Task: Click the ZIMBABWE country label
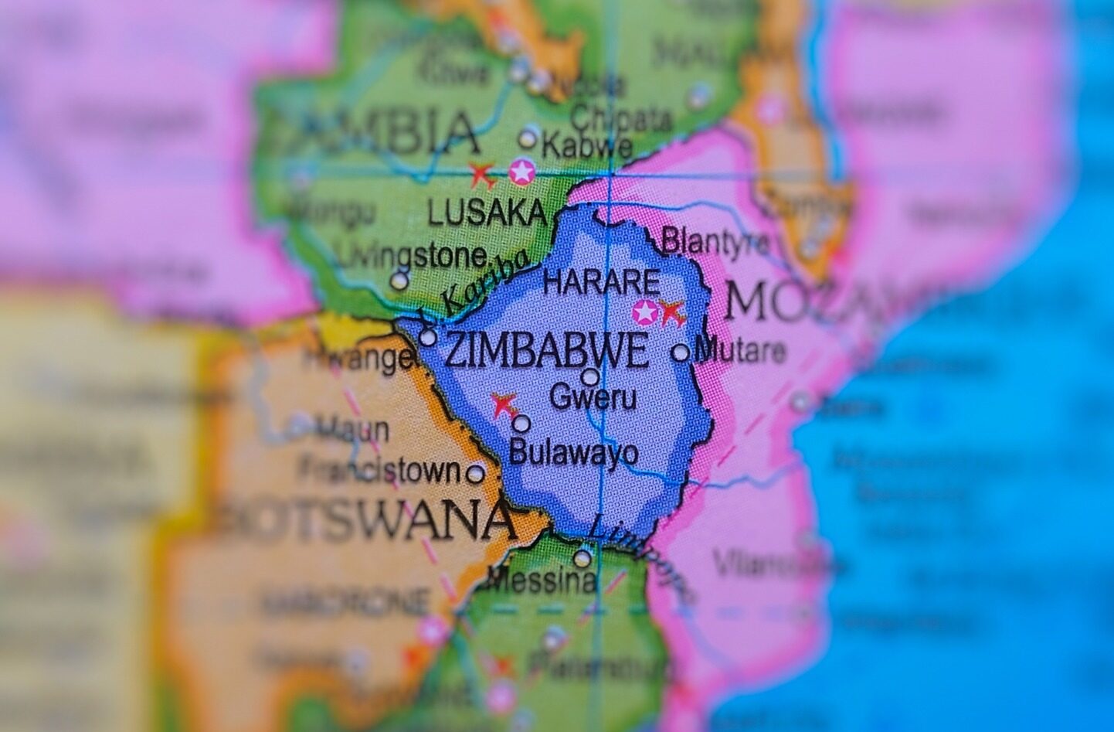coord(547,352)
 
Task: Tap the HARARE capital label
coord(601,282)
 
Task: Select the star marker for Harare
coord(644,312)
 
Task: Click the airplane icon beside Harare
coord(671,313)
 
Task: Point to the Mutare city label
coord(740,352)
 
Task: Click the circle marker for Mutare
coord(681,352)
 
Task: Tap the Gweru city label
coord(593,398)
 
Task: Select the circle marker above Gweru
coord(590,377)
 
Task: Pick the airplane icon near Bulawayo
coord(504,403)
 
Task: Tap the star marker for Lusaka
coord(522,172)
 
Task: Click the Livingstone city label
coord(413,255)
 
